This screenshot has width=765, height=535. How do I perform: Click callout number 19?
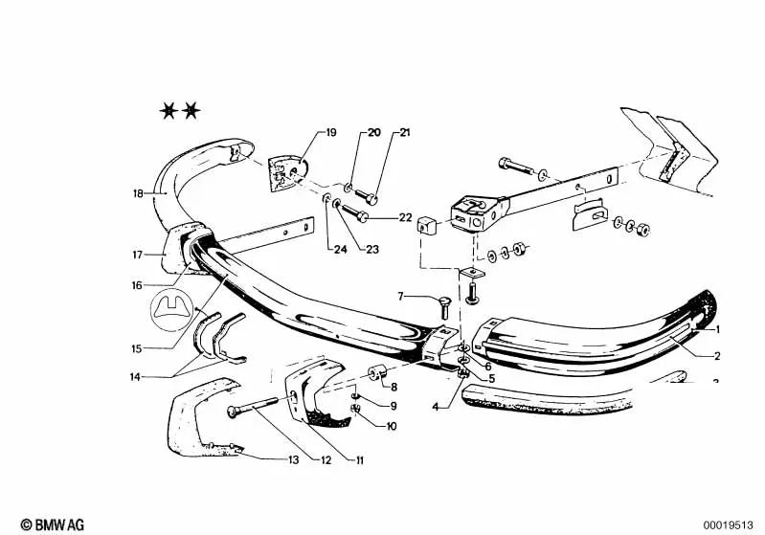[330, 132]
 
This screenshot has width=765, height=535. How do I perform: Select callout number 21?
[405, 132]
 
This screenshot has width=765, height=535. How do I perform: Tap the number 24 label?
[340, 249]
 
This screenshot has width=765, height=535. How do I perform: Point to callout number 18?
[138, 193]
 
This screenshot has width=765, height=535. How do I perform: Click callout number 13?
[293, 459]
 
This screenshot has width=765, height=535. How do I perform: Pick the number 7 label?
[400, 296]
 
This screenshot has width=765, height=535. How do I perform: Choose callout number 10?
[392, 426]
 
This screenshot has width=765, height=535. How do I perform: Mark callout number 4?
[436, 406]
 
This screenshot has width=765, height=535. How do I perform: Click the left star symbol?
[169, 111]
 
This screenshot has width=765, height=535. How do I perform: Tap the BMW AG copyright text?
[53, 524]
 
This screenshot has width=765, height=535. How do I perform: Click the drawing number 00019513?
[728, 525]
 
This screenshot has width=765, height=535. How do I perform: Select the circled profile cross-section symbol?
[171, 310]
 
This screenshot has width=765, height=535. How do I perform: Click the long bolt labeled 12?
[253, 406]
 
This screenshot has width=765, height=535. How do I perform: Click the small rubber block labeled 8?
[377, 374]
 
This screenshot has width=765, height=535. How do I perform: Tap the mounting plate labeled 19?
[288, 174]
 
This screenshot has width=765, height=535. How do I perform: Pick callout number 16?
[137, 285]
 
